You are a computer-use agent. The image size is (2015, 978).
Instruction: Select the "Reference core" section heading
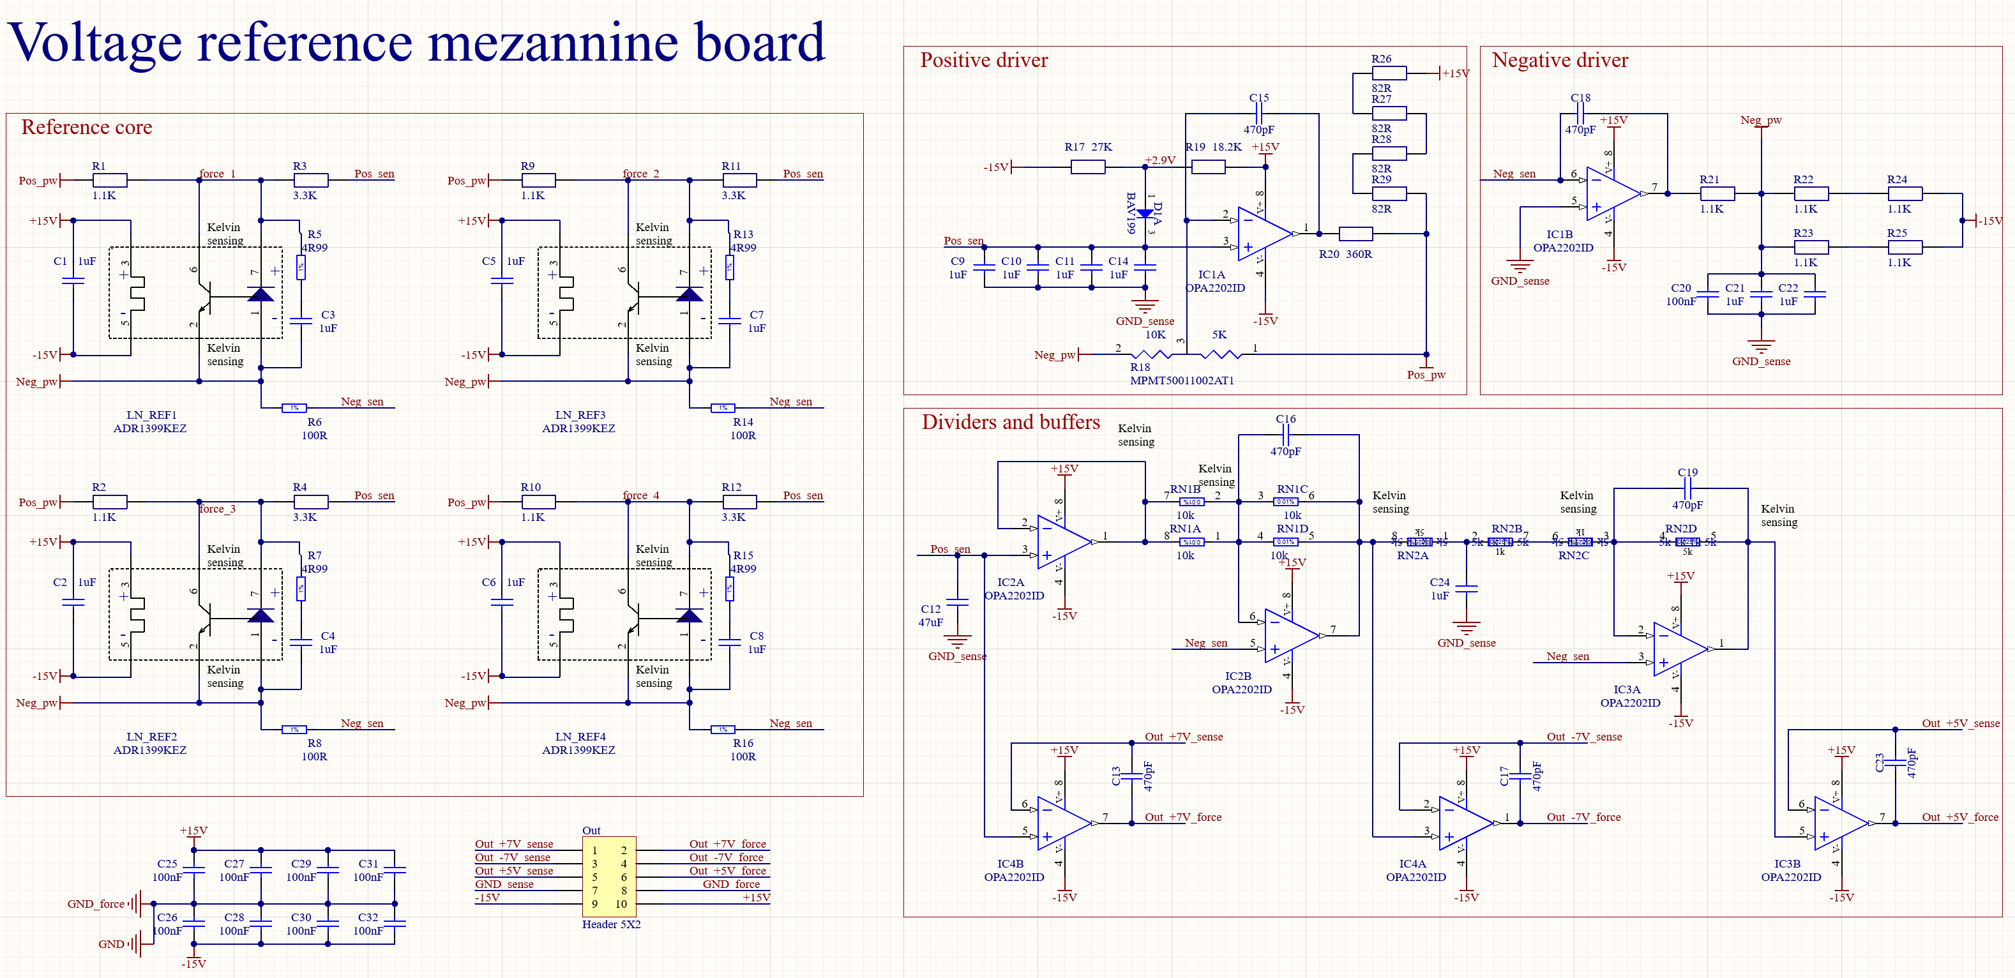86,128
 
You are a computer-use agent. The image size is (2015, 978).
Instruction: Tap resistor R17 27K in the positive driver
1087,167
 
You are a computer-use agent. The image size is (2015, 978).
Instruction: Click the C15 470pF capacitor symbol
1259,114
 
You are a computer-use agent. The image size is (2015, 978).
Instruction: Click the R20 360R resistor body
1355,233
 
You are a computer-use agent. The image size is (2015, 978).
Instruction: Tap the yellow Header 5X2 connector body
608,877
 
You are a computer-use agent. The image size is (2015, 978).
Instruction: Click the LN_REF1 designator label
151,416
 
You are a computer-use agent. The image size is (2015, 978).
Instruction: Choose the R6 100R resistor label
315,429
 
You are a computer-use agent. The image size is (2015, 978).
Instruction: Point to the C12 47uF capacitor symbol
958,603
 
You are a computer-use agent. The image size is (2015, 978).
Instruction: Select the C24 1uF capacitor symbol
1466,589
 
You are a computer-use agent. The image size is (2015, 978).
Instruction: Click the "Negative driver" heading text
1559,60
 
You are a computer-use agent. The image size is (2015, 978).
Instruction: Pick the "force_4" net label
640,495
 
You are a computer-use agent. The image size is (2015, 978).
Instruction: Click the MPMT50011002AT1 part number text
1181,381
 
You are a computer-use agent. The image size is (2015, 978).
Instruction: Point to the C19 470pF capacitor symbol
1687,488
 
